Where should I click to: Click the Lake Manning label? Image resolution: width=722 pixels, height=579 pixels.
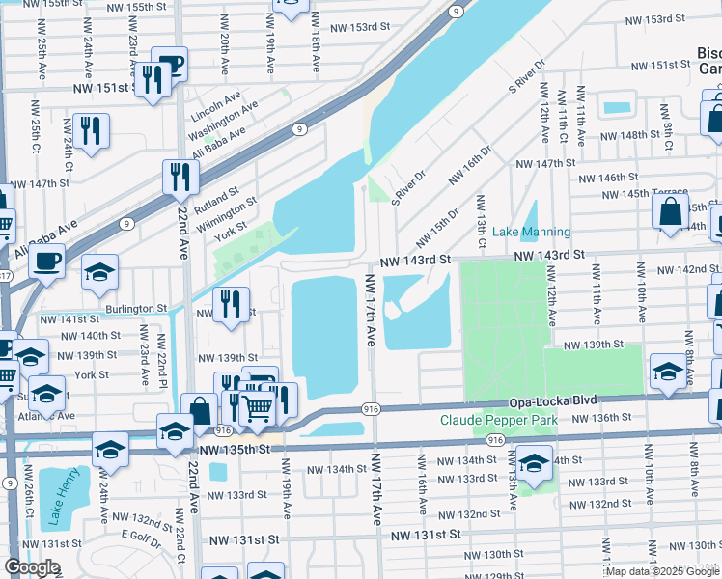click(531, 233)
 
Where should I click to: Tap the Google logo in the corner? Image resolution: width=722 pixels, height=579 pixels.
click(32, 567)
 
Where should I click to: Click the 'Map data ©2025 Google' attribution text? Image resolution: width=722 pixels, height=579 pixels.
click(663, 571)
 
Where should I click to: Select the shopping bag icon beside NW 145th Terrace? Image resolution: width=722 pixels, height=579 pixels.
click(671, 211)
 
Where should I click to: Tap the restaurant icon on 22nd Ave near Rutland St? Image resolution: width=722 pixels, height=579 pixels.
click(180, 177)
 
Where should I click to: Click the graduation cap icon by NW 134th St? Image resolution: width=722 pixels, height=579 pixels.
click(534, 464)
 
